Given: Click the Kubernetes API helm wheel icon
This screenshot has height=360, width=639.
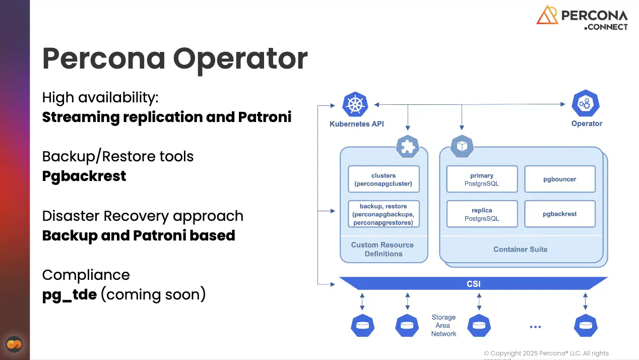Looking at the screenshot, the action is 355,104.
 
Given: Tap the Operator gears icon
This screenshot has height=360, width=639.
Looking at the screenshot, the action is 586,103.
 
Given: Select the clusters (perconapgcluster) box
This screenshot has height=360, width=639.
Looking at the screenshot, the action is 384,179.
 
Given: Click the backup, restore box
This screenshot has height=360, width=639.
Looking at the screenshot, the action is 384,214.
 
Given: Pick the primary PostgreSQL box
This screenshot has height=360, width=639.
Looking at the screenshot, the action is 482,179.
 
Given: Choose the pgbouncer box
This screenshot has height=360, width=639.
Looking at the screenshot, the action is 560,179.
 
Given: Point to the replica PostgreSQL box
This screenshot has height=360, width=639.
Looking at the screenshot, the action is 482,214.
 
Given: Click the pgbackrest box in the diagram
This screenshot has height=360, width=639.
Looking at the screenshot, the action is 560,214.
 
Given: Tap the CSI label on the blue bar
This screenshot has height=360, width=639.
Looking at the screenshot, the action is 474,284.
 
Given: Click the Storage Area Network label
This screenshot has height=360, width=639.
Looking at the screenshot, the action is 443,325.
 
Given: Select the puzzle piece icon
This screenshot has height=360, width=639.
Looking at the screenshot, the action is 408,146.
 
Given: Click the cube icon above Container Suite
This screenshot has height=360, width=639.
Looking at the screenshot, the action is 462,146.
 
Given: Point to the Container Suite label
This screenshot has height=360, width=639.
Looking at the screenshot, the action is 521,249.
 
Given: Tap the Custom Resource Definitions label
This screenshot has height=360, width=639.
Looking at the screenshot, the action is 382,249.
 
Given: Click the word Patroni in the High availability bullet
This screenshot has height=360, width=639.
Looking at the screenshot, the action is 265,117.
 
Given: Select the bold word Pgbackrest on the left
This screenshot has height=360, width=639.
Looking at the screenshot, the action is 84,176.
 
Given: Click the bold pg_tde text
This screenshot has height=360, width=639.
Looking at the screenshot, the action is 70,295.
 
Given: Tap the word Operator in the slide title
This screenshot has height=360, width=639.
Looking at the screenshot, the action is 240,59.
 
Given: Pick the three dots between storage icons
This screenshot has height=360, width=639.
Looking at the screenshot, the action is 535,327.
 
